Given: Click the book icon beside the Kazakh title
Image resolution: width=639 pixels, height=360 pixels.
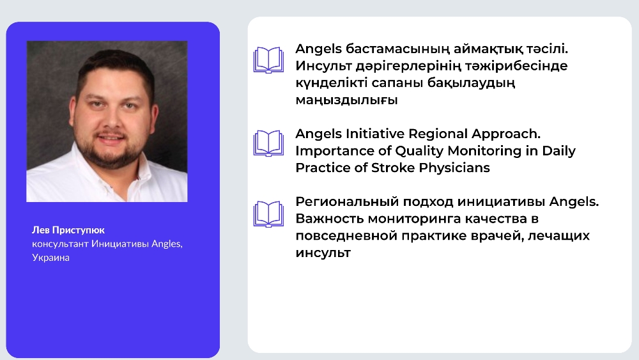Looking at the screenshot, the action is (268, 60).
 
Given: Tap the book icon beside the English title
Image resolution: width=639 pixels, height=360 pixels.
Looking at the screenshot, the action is (268, 143).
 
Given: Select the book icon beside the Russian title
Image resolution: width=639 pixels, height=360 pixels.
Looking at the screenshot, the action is (268, 214).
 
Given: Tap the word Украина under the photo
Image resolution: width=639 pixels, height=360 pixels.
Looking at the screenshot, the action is (50, 258).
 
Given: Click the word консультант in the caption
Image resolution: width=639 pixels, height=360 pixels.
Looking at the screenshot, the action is (60, 244).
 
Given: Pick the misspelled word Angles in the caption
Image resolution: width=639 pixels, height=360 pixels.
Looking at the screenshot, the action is (167, 244).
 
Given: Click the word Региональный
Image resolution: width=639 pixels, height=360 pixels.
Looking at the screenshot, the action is (347, 202).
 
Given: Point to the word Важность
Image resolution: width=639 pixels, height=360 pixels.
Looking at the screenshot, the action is (329, 219).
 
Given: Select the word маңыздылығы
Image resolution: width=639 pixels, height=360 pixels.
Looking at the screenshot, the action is (346, 100).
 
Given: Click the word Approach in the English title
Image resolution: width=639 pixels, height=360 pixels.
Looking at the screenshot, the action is (505, 134).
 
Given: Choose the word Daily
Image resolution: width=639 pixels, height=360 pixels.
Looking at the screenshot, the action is (558, 152).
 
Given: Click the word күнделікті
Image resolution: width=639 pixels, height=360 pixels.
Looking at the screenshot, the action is (336, 83).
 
